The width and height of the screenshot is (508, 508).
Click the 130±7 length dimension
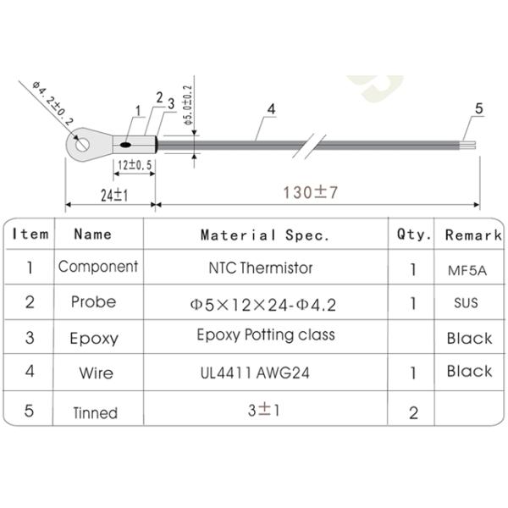pyautogui.click(x=310, y=192)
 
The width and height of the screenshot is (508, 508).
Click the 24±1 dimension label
pyautogui.click(x=113, y=195)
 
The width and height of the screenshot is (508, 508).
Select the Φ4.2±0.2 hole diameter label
pyautogui.click(x=53, y=105)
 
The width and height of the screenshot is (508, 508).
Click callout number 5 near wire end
pyautogui.click(x=478, y=108)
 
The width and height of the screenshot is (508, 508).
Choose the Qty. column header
pyautogui.click(x=414, y=235)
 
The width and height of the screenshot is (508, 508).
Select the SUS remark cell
pyautogui.click(x=467, y=302)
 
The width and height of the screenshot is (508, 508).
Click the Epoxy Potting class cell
pyautogui.click(x=265, y=335)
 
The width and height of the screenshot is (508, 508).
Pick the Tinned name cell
pyautogui.click(x=94, y=412)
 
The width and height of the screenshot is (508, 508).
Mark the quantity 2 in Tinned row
pyautogui.click(x=413, y=412)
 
